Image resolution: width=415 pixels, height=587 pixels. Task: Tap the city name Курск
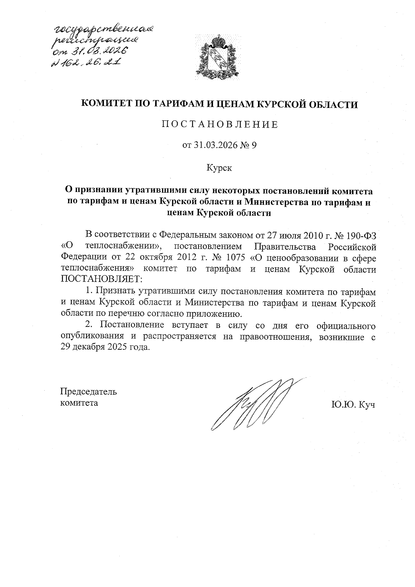point(219,168)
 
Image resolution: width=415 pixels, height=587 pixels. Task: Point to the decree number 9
point(253,146)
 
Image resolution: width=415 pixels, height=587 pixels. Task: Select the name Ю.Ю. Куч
point(353,404)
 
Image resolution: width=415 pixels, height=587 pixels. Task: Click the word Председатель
point(89,392)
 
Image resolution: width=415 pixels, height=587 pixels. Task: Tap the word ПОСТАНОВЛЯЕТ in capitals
point(99,279)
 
